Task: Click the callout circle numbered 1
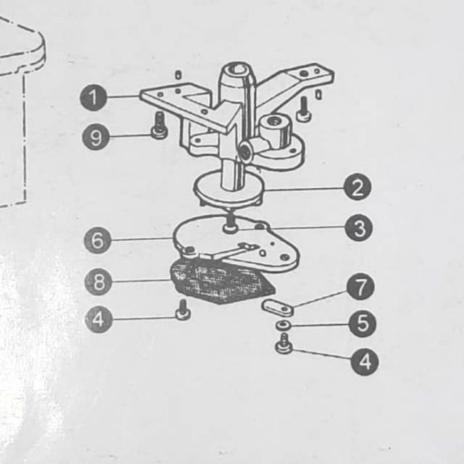click(93, 97)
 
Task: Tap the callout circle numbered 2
click(357, 187)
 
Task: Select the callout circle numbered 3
click(359, 227)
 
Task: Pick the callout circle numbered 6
click(97, 240)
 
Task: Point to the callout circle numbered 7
click(360, 287)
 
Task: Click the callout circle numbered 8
click(99, 282)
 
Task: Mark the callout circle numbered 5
click(362, 324)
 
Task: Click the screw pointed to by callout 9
click(159, 126)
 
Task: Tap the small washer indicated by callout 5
click(283, 325)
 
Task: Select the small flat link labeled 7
click(278, 307)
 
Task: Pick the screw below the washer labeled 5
click(284, 343)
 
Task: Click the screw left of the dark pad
click(183, 310)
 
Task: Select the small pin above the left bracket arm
click(177, 75)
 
